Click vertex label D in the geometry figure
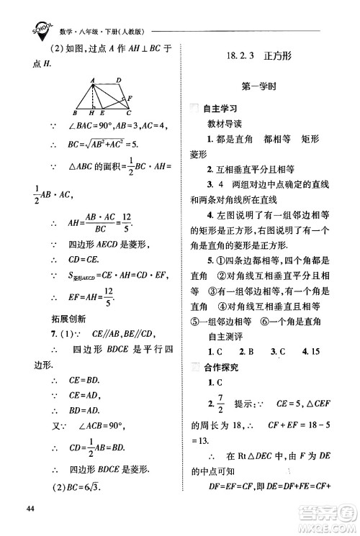119,79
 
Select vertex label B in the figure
76,113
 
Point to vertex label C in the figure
129,113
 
